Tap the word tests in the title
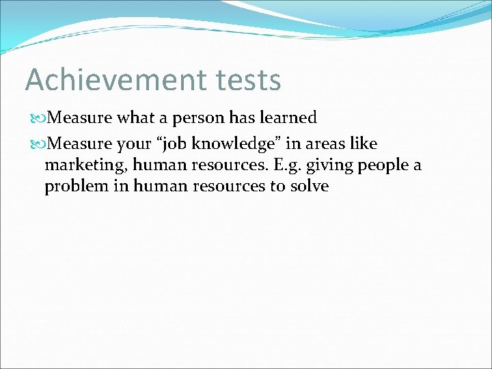(x=241, y=80)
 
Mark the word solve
(x=310, y=186)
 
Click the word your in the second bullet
(x=136, y=145)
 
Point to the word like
(x=364, y=144)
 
